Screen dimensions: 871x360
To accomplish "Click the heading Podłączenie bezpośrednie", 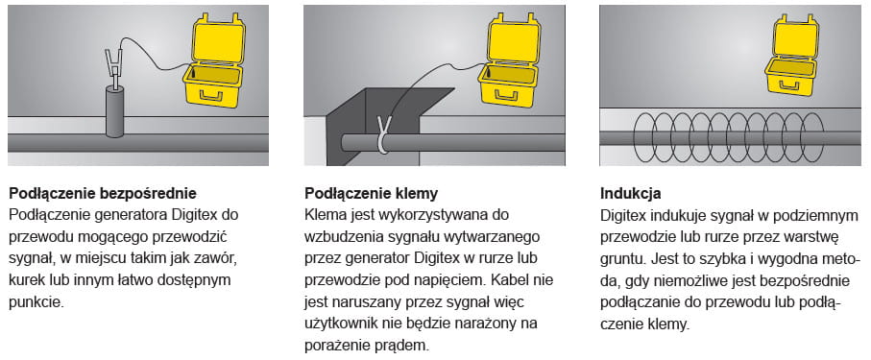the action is [103, 193].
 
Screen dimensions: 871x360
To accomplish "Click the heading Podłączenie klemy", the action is [371, 193].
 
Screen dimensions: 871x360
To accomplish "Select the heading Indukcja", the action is [631, 194].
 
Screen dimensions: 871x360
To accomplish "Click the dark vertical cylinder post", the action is [115, 111].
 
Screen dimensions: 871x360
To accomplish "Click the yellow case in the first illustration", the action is [214, 61].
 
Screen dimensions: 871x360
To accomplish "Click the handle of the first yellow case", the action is [211, 96].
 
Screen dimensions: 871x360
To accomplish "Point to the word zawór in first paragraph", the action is [221, 259].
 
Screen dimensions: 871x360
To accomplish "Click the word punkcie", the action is [36, 302].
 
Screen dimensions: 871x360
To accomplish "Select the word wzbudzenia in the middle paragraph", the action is [338, 237].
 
